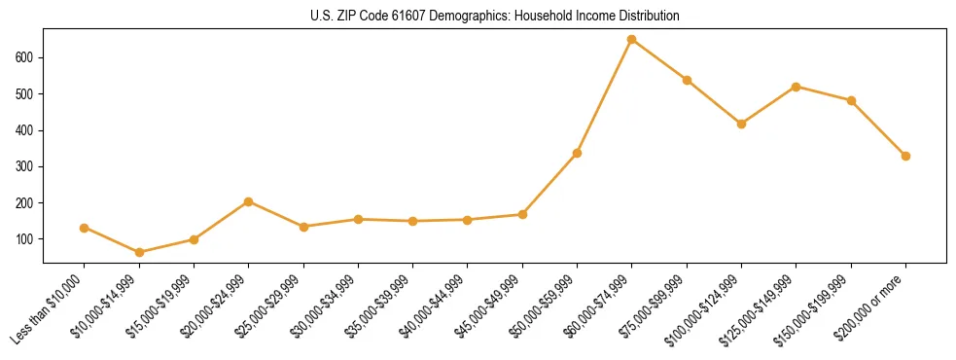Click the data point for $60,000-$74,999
click(x=632, y=40)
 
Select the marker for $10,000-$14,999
click(x=139, y=252)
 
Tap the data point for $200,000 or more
click(x=905, y=156)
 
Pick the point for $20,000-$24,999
click(x=249, y=201)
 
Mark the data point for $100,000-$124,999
click(x=741, y=124)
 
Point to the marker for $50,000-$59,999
click(x=577, y=153)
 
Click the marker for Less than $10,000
click(x=85, y=228)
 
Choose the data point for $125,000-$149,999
click(x=797, y=87)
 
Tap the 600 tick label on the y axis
click(x=26, y=57)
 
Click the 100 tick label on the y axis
click(x=26, y=239)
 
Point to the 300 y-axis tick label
click(x=26, y=166)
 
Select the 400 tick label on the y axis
click(x=26, y=130)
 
